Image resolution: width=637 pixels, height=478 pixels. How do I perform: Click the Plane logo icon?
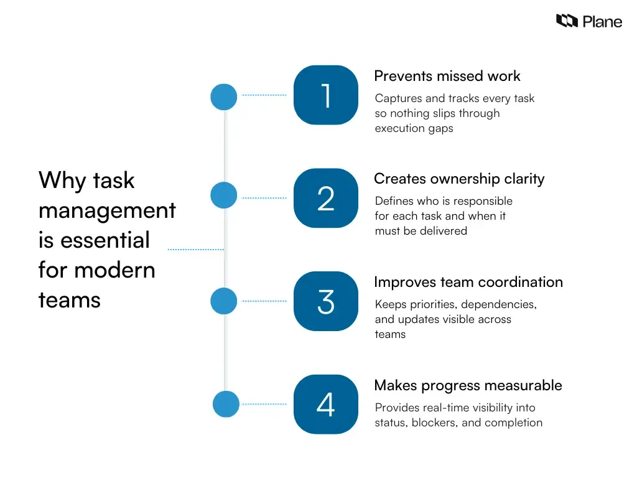(x=567, y=21)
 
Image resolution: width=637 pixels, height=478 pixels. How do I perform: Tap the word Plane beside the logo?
(x=602, y=22)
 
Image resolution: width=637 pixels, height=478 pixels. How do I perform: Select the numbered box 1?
(x=326, y=95)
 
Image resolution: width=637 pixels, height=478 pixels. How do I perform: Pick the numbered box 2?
(x=326, y=199)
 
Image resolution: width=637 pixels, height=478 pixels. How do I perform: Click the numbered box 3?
(x=326, y=301)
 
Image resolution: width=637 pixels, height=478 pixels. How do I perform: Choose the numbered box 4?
(x=326, y=405)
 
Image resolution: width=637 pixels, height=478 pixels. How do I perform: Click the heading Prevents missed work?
(x=447, y=76)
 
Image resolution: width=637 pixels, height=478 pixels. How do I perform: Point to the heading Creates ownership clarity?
(x=458, y=179)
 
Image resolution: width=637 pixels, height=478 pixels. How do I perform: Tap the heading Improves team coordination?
(x=468, y=282)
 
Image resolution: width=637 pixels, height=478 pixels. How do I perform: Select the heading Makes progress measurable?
(x=468, y=385)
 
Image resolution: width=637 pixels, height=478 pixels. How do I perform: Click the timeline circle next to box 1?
(x=224, y=97)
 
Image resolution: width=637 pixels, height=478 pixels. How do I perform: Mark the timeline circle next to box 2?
(x=224, y=195)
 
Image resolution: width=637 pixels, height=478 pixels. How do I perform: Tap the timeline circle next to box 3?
(x=224, y=301)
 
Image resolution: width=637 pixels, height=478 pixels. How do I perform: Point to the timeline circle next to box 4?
(x=226, y=404)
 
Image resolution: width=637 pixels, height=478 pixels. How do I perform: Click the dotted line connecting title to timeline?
(x=195, y=250)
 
